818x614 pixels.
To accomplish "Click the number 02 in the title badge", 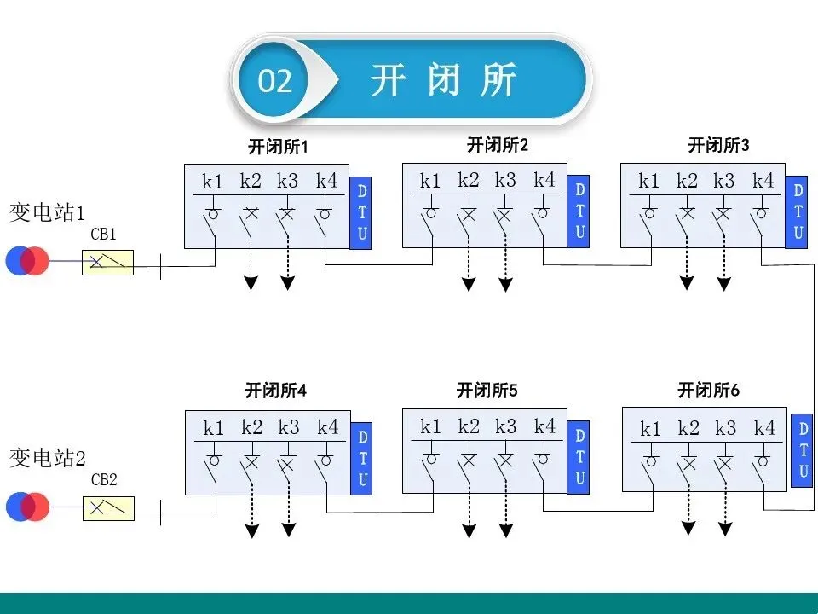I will pos(275,82).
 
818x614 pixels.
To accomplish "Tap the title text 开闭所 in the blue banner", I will pos(444,81).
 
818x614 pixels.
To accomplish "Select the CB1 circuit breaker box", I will pos(107,262).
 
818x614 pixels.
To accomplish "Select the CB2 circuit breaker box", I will pos(107,508).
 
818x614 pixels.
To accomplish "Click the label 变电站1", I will pos(48,212).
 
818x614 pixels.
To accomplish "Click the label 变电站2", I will pos(48,458).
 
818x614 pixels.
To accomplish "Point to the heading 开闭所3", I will pos(718,146).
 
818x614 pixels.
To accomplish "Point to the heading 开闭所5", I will pos(487,391).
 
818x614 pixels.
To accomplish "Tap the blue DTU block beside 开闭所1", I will pos(360,213).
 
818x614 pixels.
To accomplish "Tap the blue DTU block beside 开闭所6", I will pos(801,450).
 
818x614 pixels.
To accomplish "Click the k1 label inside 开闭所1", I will pos(212,182).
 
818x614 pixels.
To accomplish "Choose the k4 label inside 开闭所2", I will pos(544,180).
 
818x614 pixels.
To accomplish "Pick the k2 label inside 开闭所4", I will pos(252,426).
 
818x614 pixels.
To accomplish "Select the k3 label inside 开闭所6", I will pos(725,428).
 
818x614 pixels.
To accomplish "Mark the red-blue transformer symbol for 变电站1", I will pos(27,261).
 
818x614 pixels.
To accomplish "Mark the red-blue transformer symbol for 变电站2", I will pos(27,507).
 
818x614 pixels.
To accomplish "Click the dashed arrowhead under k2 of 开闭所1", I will pos(251,284).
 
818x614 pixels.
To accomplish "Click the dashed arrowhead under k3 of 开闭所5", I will pos(506,531).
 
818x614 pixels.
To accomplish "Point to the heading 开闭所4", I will pos(275,391).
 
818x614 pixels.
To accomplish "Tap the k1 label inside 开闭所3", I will pos(649,181).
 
